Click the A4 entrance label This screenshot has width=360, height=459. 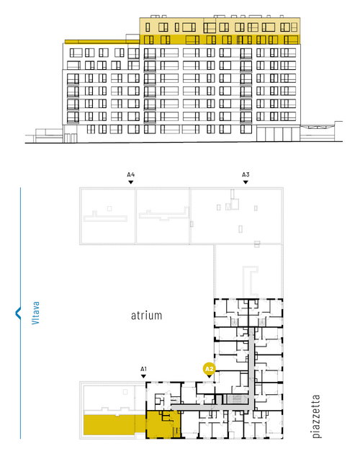(x=131, y=175)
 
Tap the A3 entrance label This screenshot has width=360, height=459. (x=246, y=175)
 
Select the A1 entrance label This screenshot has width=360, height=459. (x=143, y=369)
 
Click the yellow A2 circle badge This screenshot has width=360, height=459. (x=210, y=369)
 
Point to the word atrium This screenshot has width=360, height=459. (x=146, y=316)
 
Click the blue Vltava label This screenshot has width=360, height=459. (x=35, y=313)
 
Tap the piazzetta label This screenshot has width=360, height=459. (x=316, y=416)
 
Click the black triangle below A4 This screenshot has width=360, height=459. (x=131, y=182)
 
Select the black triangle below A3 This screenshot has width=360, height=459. (x=246, y=182)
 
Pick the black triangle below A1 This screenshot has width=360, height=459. (x=143, y=376)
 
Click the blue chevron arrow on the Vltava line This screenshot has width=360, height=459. (x=17, y=313)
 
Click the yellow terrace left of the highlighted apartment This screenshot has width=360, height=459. (x=114, y=424)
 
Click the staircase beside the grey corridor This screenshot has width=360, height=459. (x=235, y=399)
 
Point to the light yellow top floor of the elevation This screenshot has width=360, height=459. (x=220, y=26)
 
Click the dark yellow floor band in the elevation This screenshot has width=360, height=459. (x=220, y=40)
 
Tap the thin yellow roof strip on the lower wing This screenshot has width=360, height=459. (x=102, y=42)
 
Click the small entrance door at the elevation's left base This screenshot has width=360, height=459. (x=71, y=138)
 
